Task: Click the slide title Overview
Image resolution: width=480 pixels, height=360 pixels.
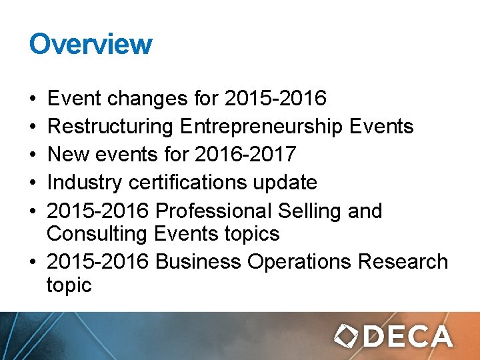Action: pos(91,44)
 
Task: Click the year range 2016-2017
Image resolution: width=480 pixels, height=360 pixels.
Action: pos(245,155)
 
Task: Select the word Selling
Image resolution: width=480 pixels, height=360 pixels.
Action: pos(312,211)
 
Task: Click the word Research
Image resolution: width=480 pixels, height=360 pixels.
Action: pos(403,262)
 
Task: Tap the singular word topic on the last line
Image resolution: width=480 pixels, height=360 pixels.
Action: pos(69,286)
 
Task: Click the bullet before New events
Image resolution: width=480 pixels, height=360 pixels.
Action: pos(33,155)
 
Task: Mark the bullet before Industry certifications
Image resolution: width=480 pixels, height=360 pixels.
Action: pos(33,183)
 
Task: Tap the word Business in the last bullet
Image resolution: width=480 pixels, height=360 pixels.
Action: pos(198,262)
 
